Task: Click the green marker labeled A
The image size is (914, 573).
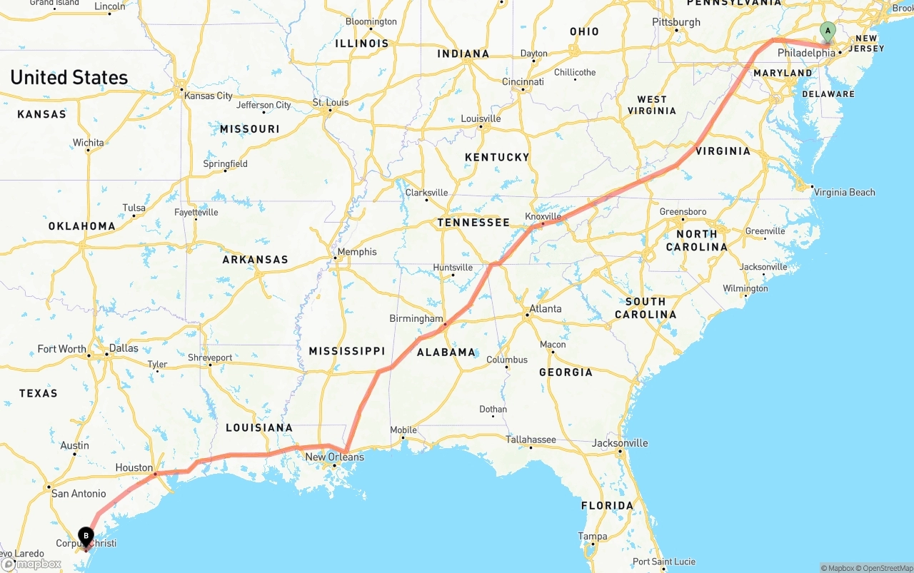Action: coord(828,31)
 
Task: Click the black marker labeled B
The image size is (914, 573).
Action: coord(86,536)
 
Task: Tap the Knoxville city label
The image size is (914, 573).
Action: coord(543,216)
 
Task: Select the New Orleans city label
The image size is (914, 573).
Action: coord(334,457)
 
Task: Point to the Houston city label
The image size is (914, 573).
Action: coord(134,467)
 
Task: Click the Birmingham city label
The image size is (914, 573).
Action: coord(416,318)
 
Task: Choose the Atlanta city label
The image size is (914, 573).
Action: coord(545,309)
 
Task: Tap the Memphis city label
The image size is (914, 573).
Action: coord(357,252)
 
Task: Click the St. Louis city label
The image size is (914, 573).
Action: coord(331,103)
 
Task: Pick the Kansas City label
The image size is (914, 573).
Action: coord(209,96)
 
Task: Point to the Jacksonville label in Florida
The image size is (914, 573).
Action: coord(620,443)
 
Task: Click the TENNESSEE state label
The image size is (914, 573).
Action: coord(473,223)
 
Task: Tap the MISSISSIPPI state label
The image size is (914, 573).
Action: coord(347,351)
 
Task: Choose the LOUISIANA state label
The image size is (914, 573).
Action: coord(259,428)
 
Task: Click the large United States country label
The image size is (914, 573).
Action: coord(69,78)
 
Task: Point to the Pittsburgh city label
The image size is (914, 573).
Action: coord(676,22)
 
